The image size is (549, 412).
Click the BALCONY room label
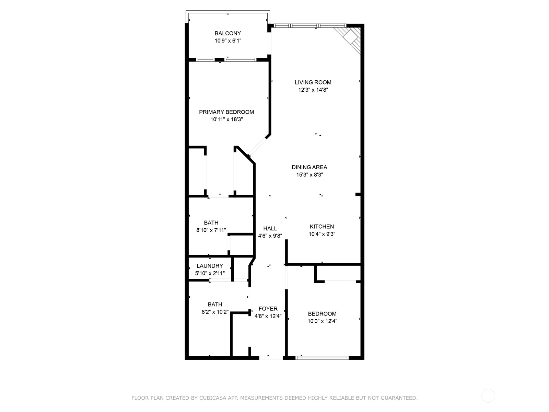tap(227, 33)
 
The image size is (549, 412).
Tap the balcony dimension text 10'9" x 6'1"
tap(227, 41)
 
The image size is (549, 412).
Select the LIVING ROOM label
tap(313, 82)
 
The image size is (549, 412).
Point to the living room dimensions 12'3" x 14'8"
tap(313, 90)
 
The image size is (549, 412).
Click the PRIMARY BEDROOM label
tap(226, 112)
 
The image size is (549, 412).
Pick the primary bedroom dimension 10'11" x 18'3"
tap(226, 119)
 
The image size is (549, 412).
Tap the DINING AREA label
tap(309, 167)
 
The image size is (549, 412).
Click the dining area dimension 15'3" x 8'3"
tap(309, 175)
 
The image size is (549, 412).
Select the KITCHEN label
tap(322, 227)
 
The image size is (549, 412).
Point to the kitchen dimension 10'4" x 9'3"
tap(322, 234)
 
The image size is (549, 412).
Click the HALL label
tap(270, 228)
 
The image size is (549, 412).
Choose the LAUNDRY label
tap(210, 266)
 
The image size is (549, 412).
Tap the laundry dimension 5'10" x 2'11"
tap(210, 273)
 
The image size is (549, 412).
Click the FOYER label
tap(268, 309)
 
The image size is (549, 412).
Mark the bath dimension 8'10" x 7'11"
tap(211, 230)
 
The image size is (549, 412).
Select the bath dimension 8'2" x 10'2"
tap(215, 312)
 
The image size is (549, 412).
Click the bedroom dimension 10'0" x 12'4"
tap(322, 321)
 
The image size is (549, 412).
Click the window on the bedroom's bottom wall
tap(322, 358)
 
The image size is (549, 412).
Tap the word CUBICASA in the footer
tap(211, 398)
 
